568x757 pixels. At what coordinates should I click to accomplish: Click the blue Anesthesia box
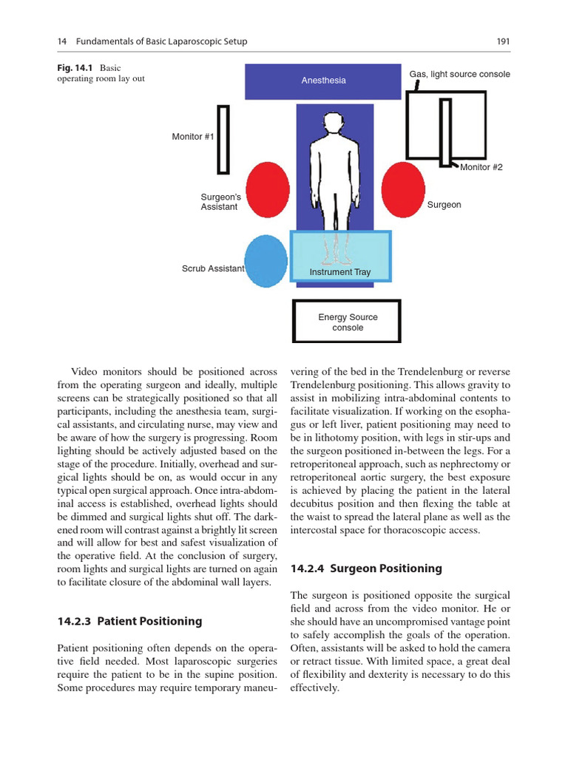[323, 81]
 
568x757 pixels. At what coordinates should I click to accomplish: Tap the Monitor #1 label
[192, 137]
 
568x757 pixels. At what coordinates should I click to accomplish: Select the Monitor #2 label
[481, 167]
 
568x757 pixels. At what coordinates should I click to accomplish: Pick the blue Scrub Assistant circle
[266, 261]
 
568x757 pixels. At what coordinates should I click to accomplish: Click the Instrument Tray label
[340, 272]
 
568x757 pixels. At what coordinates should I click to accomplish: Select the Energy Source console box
[347, 322]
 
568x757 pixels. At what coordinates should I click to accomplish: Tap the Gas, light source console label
[459, 75]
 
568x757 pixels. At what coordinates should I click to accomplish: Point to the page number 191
[503, 42]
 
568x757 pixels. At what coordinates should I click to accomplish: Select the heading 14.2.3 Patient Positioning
[129, 622]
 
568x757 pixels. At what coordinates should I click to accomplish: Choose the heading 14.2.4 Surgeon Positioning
[366, 568]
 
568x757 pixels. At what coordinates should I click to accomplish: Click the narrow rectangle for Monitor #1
[223, 139]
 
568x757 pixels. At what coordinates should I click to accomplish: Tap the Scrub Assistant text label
[212, 268]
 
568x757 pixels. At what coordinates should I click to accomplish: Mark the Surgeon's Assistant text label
[220, 202]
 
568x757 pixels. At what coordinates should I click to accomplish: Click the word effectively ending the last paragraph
[314, 688]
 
